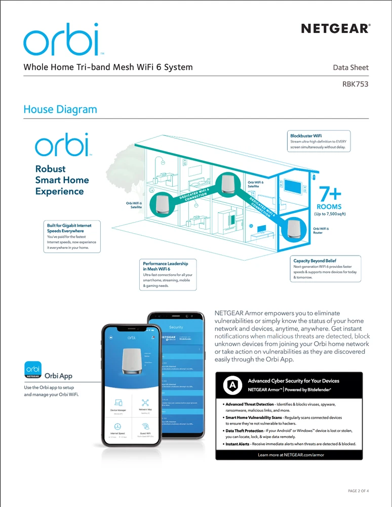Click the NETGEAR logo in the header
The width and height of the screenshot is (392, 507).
pyautogui.click(x=335, y=29)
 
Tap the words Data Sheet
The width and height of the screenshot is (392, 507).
pyautogui.click(x=350, y=67)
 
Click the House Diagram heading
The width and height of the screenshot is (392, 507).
pyautogui.click(x=60, y=109)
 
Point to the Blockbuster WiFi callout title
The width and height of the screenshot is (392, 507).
pyautogui.click(x=305, y=136)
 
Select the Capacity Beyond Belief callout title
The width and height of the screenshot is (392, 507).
pyautogui.click(x=315, y=261)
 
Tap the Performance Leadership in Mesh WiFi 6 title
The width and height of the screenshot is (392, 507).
pyautogui.click(x=165, y=266)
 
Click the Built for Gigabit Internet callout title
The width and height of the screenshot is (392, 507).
pyautogui.click(x=66, y=227)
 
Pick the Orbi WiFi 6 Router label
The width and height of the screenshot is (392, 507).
pyautogui.click(x=321, y=231)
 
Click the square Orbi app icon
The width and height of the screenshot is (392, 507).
pyautogui.click(x=33, y=370)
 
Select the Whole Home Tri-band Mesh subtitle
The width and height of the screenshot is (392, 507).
pyautogui.click(x=108, y=67)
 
